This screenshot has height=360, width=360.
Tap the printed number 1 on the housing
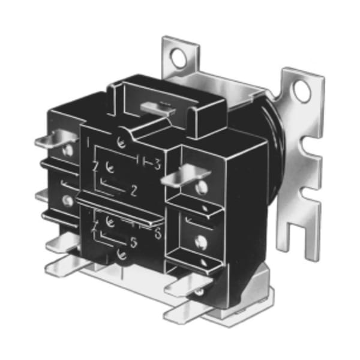[88, 144]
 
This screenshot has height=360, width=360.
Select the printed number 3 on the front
[157, 163]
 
